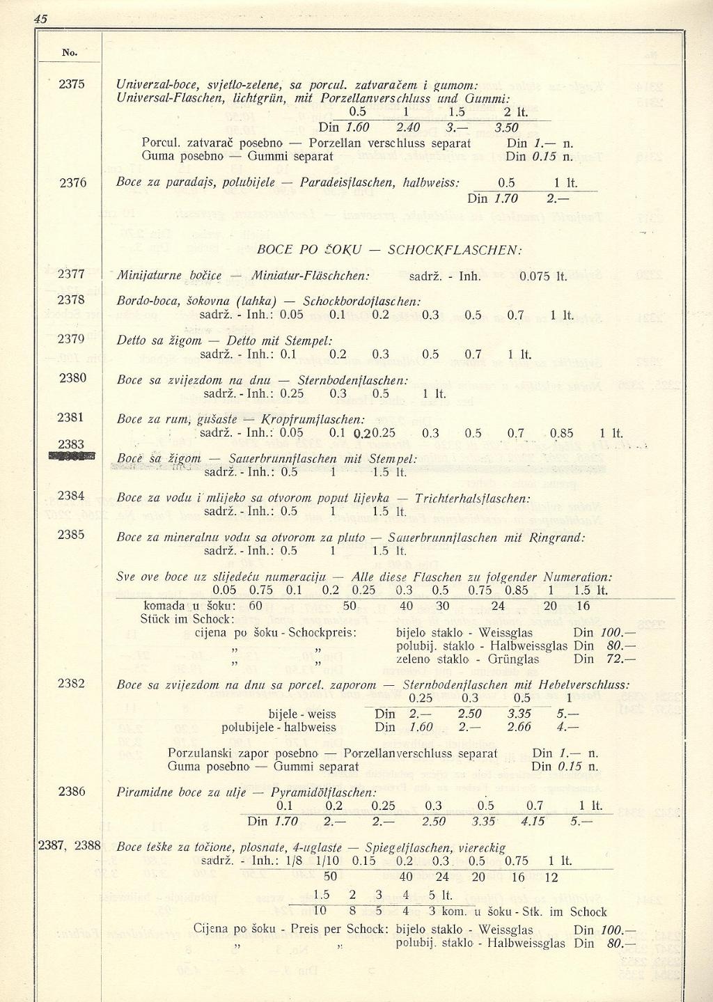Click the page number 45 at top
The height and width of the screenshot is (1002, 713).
tap(41, 19)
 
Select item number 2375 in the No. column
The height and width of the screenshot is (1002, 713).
tap(72, 84)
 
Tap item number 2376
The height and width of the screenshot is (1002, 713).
tap(72, 182)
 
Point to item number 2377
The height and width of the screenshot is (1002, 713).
tap(72, 274)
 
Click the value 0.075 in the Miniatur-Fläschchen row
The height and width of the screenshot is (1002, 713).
tap(535, 276)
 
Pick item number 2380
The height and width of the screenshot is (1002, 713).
tap(72, 378)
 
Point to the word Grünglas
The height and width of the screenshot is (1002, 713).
tap(514, 659)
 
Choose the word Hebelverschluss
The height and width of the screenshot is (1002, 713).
tap(584, 685)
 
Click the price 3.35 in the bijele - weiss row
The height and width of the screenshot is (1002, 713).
tap(519, 714)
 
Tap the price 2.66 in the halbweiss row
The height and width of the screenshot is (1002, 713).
tap(519, 727)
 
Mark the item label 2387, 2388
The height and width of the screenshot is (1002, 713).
tap(70, 846)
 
